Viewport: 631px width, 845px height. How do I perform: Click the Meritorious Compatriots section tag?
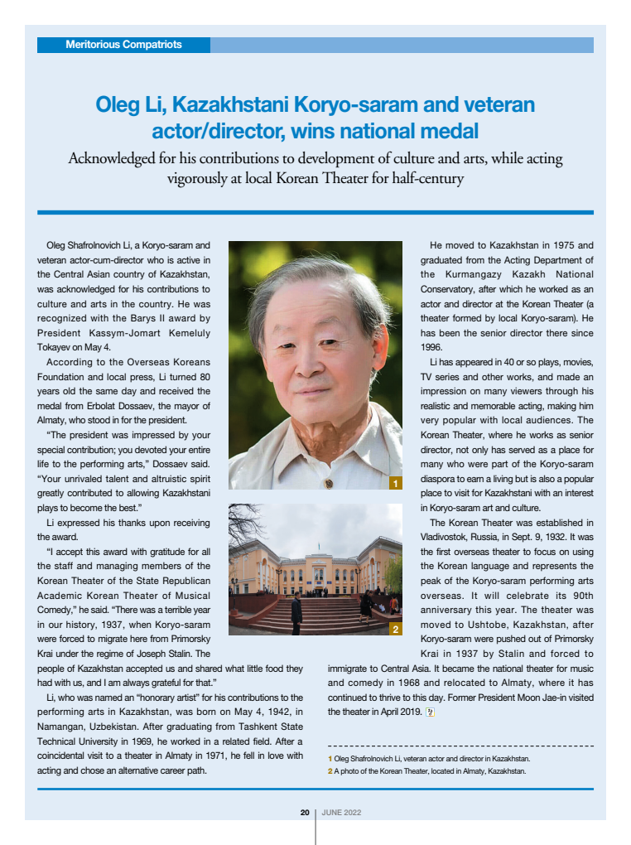(x=123, y=45)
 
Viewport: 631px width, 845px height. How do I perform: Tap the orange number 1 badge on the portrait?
(x=396, y=483)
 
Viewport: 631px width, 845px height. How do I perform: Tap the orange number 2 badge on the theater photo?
(x=396, y=630)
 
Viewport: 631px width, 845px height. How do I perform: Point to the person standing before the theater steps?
(x=296, y=612)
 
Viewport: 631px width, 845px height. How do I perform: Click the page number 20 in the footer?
(x=305, y=813)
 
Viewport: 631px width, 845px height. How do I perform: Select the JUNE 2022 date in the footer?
(x=340, y=813)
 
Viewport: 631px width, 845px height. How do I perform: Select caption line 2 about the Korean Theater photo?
(x=426, y=772)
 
